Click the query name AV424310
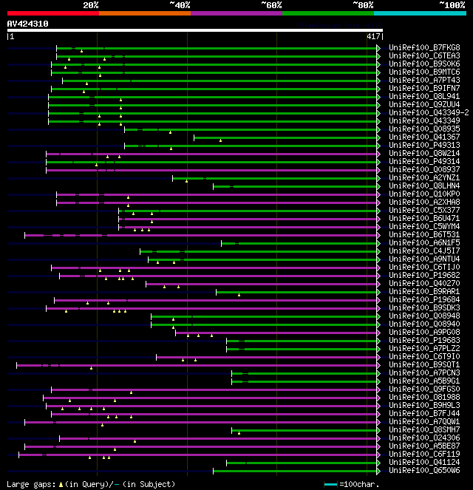pos(28,24)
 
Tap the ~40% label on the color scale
pos(180,5)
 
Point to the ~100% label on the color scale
pos(451,5)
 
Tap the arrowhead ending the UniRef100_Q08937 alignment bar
pos(378,170)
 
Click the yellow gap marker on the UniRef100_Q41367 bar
pos(220,140)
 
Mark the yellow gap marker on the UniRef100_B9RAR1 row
pos(239,294)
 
